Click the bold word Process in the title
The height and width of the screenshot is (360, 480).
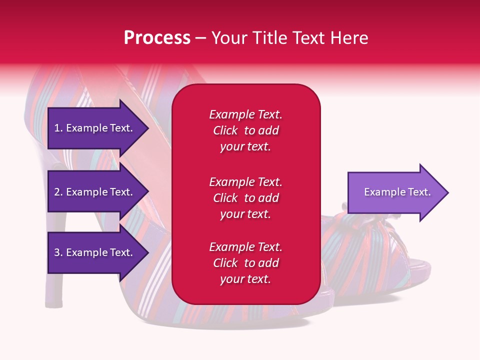click(157, 38)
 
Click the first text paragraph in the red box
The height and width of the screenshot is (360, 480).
click(245, 130)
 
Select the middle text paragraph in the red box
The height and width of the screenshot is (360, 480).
click(245, 198)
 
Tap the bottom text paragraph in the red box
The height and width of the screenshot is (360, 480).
click(245, 263)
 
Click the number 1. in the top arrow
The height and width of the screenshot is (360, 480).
click(58, 128)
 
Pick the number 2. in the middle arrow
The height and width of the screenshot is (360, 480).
click(58, 192)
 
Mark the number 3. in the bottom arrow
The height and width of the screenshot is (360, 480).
click(58, 252)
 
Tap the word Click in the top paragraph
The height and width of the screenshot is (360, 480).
click(225, 130)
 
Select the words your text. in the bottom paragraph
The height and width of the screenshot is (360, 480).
click(245, 279)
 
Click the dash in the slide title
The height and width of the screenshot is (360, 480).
click(200, 38)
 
